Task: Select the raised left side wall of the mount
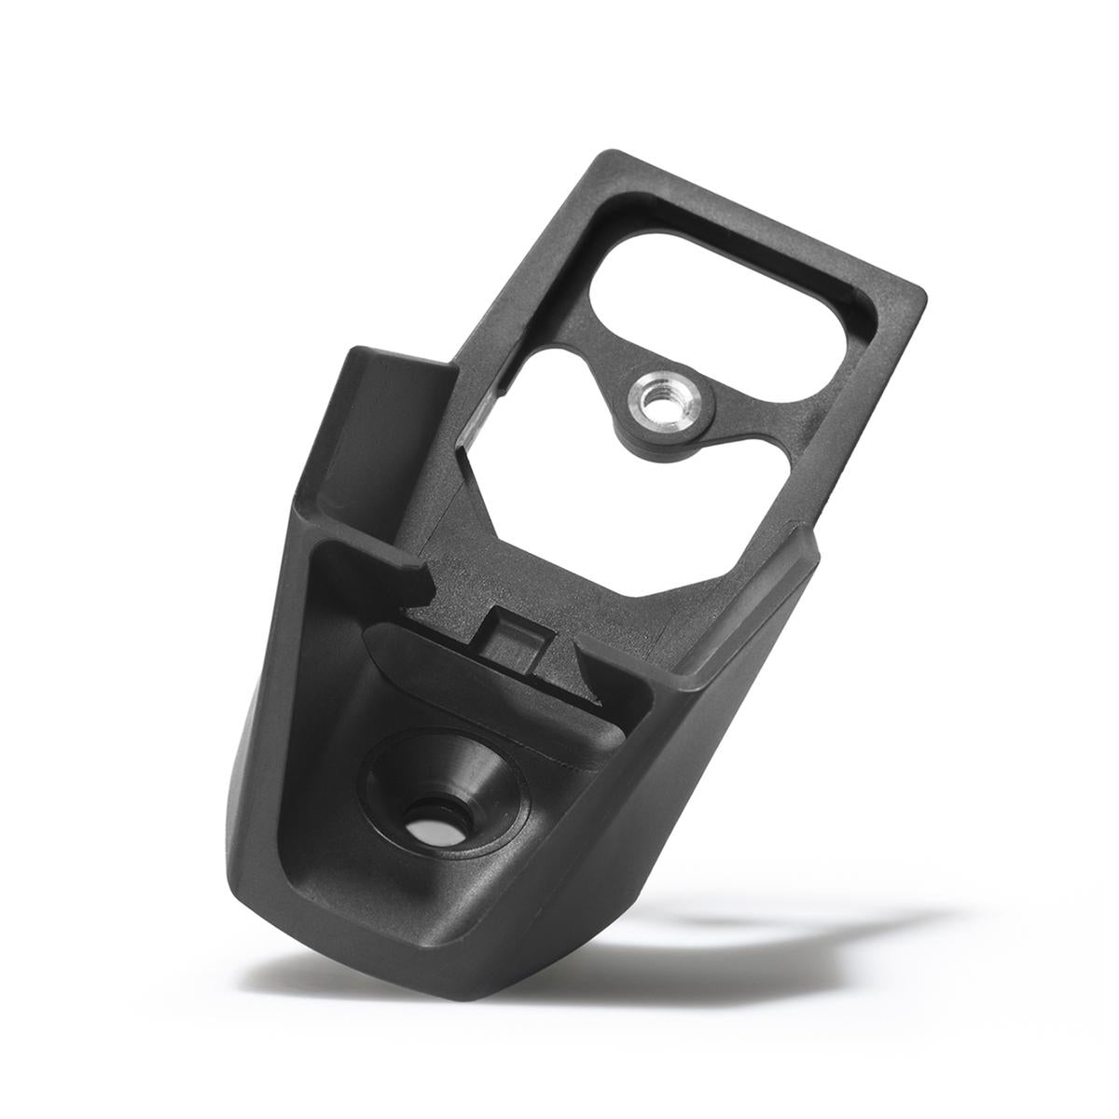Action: point(373,429)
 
